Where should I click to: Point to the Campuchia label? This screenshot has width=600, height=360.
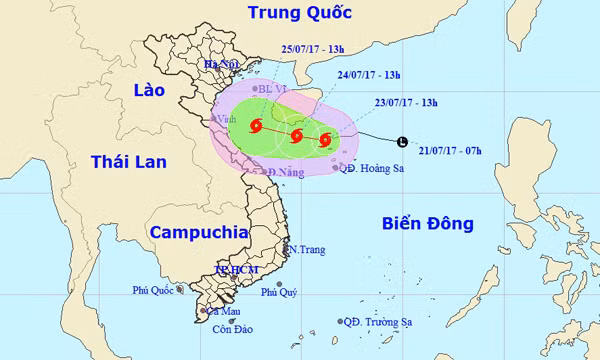pos(199,232)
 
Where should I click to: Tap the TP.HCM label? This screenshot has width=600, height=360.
pos(237,271)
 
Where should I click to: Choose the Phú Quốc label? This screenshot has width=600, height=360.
pos(152,290)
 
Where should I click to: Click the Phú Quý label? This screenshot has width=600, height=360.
pos(279,292)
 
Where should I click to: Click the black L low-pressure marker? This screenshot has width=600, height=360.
pos(402,142)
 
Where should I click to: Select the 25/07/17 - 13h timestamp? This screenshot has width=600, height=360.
pos(313,48)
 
